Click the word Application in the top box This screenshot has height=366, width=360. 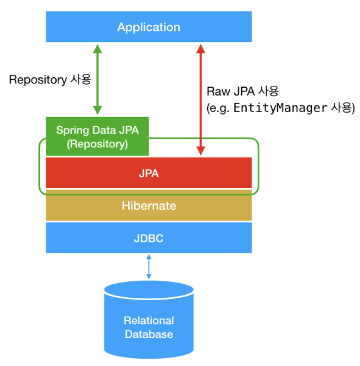[x=149, y=27]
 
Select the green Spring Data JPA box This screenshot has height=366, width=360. [x=97, y=136]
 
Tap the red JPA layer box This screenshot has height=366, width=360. [x=149, y=173]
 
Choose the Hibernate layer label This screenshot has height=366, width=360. [x=149, y=206]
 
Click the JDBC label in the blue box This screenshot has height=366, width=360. [x=149, y=238]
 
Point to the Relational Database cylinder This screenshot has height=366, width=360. [x=149, y=319]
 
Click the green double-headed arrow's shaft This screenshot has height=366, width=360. [x=97, y=79]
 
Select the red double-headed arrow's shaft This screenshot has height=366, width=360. [x=200, y=100]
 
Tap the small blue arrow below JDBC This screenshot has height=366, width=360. [x=149, y=267]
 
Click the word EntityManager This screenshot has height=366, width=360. [x=280, y=108]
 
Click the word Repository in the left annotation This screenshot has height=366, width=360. [x=38, y=80]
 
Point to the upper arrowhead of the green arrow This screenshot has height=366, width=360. [x=97, y=49]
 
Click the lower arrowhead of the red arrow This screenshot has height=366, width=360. [x=200, y=151]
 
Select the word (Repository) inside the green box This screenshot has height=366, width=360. [x=97, y=144]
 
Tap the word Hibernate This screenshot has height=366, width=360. [x=149, y=206]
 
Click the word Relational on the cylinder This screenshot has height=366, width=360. [x=149, y=320]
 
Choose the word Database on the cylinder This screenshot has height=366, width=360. [x=149, y=334]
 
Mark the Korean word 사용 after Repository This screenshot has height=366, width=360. [x=81, y=79]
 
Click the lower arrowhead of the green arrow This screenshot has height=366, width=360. [x=97, y=110]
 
